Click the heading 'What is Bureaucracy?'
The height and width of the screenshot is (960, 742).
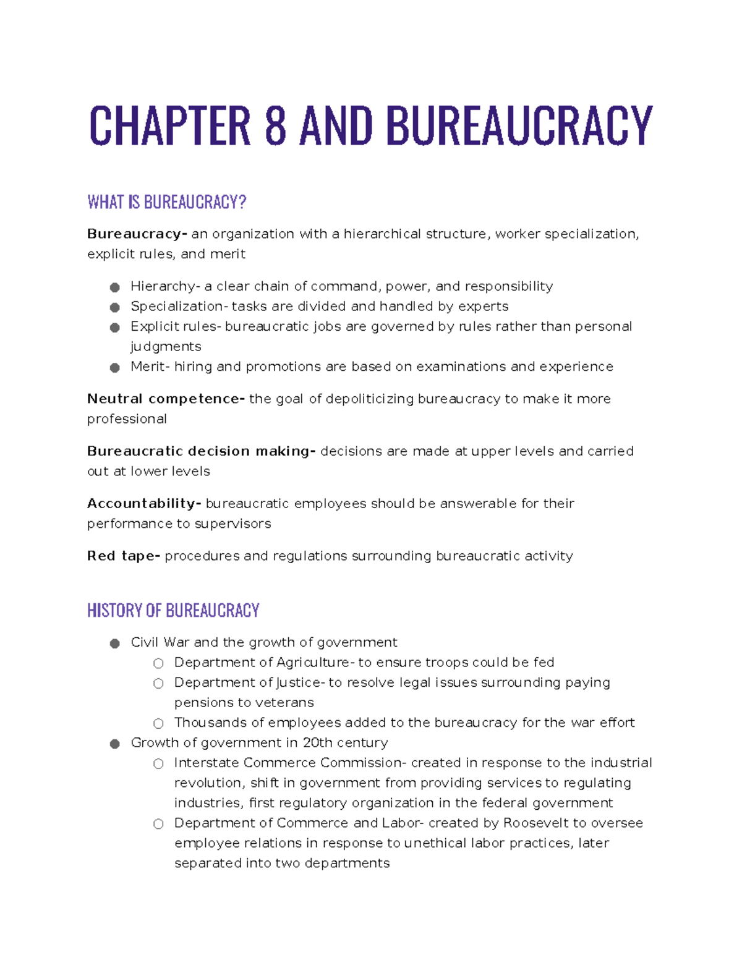point(167,202)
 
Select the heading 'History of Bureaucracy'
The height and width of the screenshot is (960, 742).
point(173,611)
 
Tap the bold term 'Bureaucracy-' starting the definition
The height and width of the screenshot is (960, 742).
point(137,234)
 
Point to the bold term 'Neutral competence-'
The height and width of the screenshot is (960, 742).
point(166,399)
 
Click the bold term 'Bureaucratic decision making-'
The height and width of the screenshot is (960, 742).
point(201,451)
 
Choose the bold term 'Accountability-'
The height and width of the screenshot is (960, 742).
point(144,504)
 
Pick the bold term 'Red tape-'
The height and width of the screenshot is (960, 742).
point(124,556)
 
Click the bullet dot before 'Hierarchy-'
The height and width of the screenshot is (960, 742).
point(114,287)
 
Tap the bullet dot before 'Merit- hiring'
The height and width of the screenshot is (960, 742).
point(114,367)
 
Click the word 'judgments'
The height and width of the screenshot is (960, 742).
point(166,347)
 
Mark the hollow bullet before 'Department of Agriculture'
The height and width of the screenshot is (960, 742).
point(158,663)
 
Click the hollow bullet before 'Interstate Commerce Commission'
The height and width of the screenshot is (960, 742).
point(158,763)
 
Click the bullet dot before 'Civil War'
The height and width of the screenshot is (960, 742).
point(114,644)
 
